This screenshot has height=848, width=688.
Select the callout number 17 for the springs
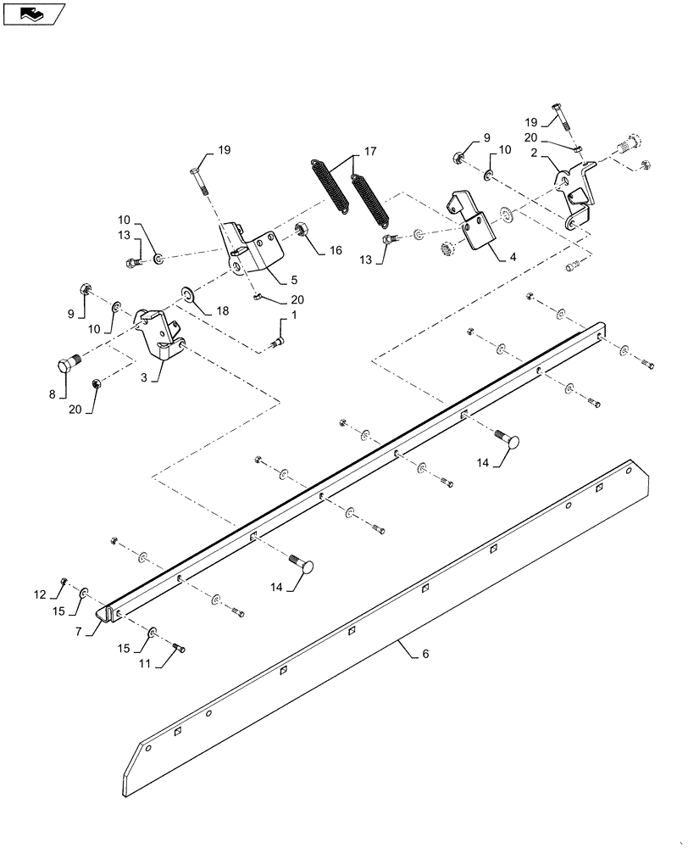tap(369, 153)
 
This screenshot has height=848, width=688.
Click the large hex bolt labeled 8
tap(66, 365)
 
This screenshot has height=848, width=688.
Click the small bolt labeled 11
tap(180, 650)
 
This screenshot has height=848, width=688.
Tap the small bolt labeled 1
tap(275, 341)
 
